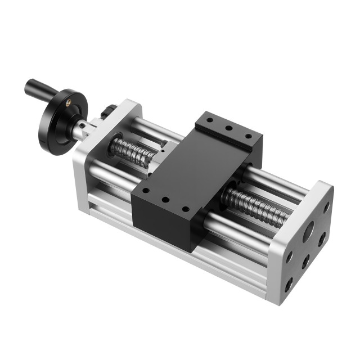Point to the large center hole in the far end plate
(x=308, y=231)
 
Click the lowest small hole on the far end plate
(x=288, y=285)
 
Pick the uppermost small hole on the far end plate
(x=327, y=206)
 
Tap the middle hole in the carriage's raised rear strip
(x=228, y=128)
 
